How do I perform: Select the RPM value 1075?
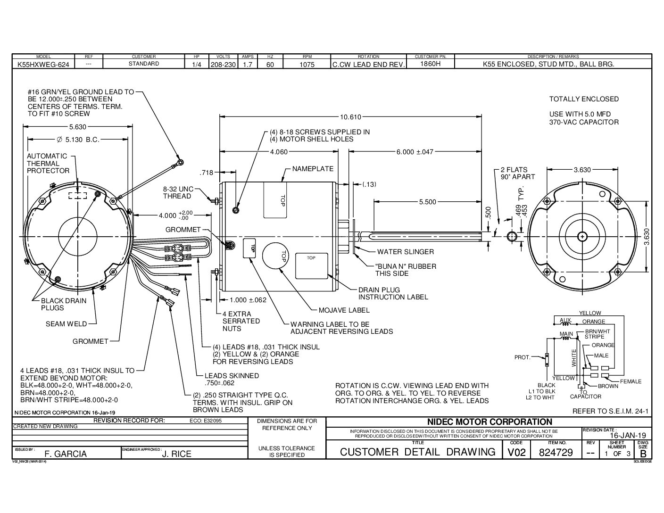coord(307,65)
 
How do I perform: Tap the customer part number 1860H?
coord(430,64)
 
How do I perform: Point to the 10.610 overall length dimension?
coord(350,117)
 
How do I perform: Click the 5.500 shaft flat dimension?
coord(427,202)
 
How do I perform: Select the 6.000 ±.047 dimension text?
coord(415,152)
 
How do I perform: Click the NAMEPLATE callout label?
coord(313,169)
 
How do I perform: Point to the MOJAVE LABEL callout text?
coord(344,310)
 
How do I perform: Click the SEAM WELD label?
coord(66,324)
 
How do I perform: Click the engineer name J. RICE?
coord(177,454)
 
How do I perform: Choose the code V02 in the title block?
coord(516,453)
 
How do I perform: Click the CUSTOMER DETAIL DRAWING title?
coord(417,452)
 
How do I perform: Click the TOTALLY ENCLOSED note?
coord(584,99)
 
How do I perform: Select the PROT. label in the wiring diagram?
coord(523,357)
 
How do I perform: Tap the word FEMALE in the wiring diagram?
coord(631,381)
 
